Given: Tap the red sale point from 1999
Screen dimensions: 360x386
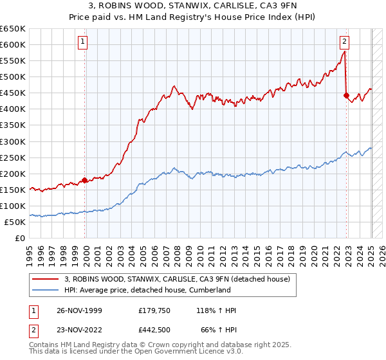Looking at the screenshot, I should tap(85, 180).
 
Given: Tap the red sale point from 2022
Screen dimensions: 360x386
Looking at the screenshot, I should tap(346, 95).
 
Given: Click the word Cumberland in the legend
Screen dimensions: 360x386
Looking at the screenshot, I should tap(209, 290).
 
